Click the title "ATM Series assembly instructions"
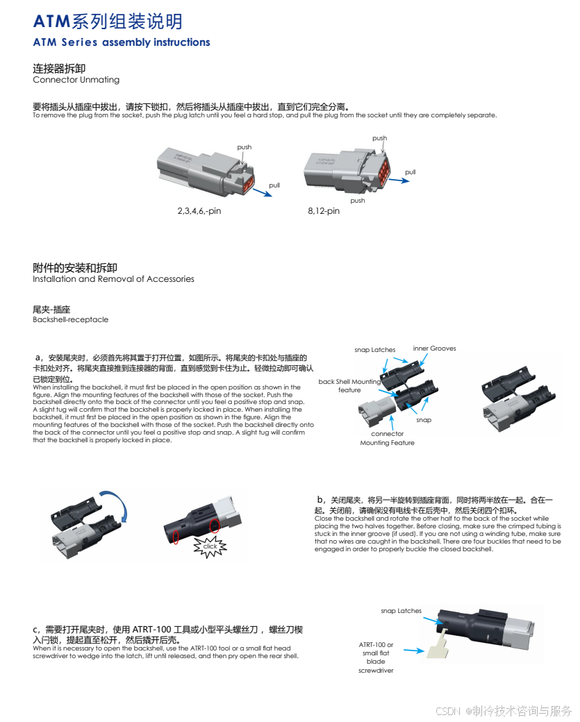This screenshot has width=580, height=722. (122, 42)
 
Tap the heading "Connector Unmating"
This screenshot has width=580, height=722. (76, 80)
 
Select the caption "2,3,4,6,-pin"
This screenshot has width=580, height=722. (199, 211)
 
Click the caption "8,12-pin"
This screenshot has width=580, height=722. (324, 211)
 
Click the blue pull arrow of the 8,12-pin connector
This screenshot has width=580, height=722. (399, 180)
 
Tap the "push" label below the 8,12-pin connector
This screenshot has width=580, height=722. (358, 201)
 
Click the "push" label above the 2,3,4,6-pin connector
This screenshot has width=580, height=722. (245, 147)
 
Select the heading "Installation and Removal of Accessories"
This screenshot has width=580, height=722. (113, 279)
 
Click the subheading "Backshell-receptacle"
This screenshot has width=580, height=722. (70, 319)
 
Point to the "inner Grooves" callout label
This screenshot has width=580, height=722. (434, 348)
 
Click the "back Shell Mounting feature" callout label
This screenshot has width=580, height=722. (349, 386)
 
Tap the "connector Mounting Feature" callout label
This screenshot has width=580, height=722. (387, 438)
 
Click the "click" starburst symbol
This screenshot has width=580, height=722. (210, 546)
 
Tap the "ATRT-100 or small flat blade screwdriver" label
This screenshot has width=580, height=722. (376, 657)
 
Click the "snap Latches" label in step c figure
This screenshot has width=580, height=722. (401, 611)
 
